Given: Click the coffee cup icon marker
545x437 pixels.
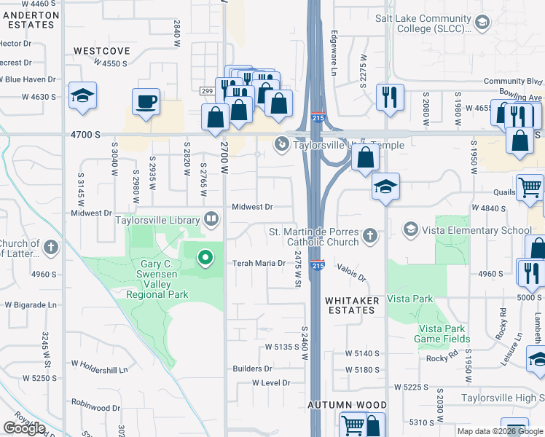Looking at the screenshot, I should click(x=146, y=101).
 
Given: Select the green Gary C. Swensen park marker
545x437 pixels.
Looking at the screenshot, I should click(x=205, y=256).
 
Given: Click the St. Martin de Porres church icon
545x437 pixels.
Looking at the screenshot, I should click(x=370, y=235).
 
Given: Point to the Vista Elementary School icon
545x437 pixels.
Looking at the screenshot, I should click(x=411, y=230).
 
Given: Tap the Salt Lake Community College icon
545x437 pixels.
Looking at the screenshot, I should click(x=482, y=23).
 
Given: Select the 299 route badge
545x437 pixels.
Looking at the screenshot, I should click(x=207, y=90).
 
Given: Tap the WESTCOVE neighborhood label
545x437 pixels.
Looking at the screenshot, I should click(x=101, y=51).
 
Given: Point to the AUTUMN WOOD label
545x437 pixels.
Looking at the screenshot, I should click(x=347, y=405).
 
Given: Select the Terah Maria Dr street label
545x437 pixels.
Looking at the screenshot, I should click(x=257, y=263).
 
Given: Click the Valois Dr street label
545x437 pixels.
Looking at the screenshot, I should click(x=350, y=273).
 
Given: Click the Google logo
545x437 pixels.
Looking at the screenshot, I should click(x=24, y=428).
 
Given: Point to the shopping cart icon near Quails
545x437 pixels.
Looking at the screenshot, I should click(x=529, y=186).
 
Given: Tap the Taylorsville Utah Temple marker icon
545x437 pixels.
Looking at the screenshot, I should click(x=281, y=145).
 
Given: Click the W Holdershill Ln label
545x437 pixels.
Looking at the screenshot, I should click(x=99, y=363).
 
